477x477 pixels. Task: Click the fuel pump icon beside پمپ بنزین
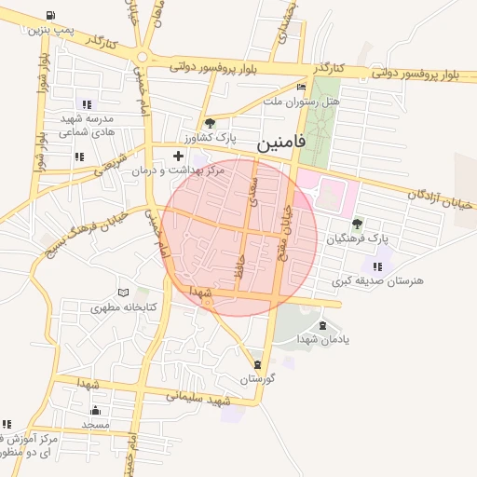click(48, 16)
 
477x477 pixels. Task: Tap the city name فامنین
click(278, 144)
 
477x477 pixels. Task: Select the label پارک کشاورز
click(211, 137)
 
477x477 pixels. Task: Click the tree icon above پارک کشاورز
click(210, 122)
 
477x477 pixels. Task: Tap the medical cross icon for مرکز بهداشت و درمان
click(179, 155)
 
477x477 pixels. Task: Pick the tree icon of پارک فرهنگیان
click(357, 224)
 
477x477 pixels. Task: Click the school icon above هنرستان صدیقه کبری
click(376, 266)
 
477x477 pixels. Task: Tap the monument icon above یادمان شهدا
click(322, 325)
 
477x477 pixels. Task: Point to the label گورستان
click(259, 379)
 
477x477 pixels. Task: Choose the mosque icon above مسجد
click(94, 410)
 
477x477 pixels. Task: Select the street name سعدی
click(254, 193)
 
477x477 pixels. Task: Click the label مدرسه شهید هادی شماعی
click(87, 126)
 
